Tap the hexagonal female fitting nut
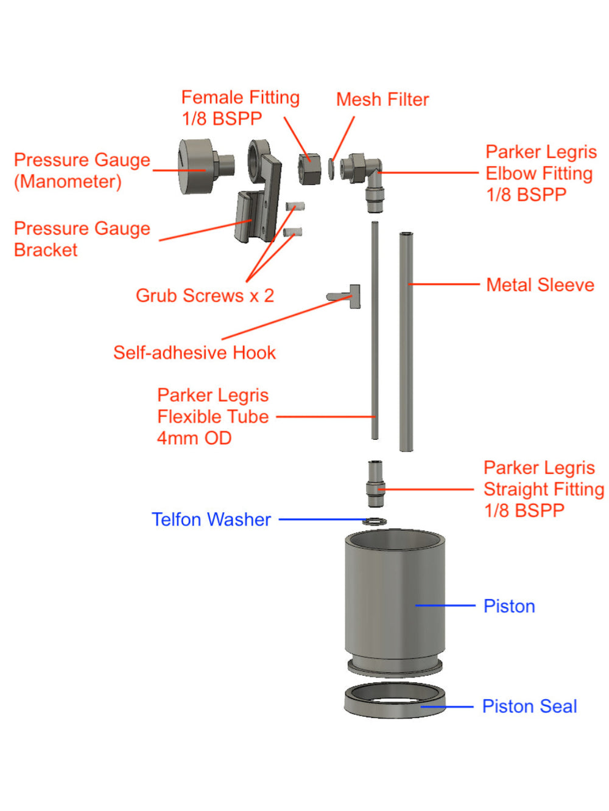(x=309, y=169)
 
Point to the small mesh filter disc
(x=331, y=169)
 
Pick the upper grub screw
(x=295, y=207)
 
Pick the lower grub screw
(x=294, y=232)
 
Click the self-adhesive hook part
(x=347, y=296)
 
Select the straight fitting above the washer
(x=376, y=484)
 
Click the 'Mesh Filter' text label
(x=382, y=99)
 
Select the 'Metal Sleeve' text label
(x=540, y=285)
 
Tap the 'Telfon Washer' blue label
(x=211, y=520)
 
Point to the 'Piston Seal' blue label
(x=529, y=706)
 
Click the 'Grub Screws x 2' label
(x=205, y=296)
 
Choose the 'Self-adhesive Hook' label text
(x=194, y=353)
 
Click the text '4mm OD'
(x=194, y=438)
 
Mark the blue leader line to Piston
(x=445, y=605)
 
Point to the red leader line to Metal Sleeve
(x=445, y=284)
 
